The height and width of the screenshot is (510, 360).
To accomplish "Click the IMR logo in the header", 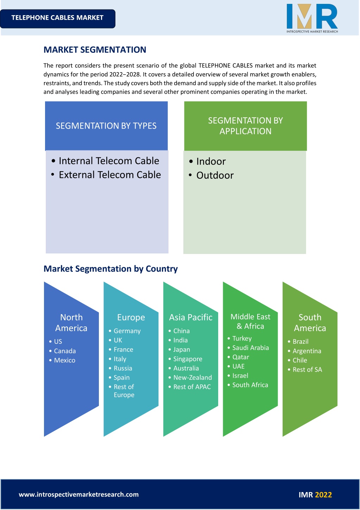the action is [312, 18].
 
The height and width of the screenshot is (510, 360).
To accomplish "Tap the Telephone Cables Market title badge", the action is [57, 19].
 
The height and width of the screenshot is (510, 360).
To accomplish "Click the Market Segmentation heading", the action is [95, 50].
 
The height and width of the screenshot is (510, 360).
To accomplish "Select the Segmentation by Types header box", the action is [106, 126].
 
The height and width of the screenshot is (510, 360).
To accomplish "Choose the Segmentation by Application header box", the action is [245, 126].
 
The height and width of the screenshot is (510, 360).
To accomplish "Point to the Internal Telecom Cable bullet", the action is [105, 161].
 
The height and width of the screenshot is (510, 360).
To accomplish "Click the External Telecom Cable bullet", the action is [106, 175].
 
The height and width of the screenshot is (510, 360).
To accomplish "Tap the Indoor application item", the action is [207, 161].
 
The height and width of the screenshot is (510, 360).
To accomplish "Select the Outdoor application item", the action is [211, 175].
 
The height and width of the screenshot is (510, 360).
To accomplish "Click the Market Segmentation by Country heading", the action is [110, 269].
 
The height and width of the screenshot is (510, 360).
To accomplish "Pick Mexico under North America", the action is [62, 360].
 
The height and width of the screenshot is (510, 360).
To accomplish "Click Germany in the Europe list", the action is [125, 331].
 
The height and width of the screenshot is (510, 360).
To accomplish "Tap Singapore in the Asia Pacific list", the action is [185, 359].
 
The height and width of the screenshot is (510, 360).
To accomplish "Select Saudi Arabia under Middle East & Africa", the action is [248, 348].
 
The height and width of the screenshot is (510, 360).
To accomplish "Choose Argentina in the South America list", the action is [304, 351].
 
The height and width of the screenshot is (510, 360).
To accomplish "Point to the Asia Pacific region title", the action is [191, 317].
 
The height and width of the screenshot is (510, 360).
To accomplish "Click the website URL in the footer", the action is [79, 495].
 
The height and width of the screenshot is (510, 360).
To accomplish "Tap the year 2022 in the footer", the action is [323, 495].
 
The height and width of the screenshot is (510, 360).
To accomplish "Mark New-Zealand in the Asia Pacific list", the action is [190, 378].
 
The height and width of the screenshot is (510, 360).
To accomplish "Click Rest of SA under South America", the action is [305, 369].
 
